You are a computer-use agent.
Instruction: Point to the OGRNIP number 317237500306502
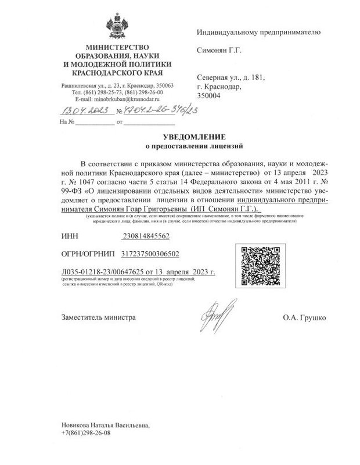coord(150,253)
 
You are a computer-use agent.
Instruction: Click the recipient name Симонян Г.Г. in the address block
coord(218,50)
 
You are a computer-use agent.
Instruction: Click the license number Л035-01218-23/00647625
coord(106,271)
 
